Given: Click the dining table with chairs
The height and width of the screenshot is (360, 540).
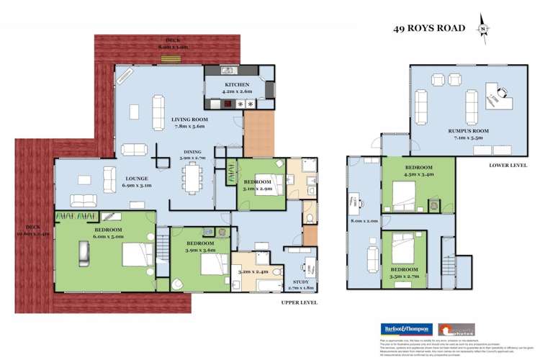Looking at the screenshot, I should [x=194, y=175].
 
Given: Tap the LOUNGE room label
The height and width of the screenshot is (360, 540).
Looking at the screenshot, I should [x=138, y=179].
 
